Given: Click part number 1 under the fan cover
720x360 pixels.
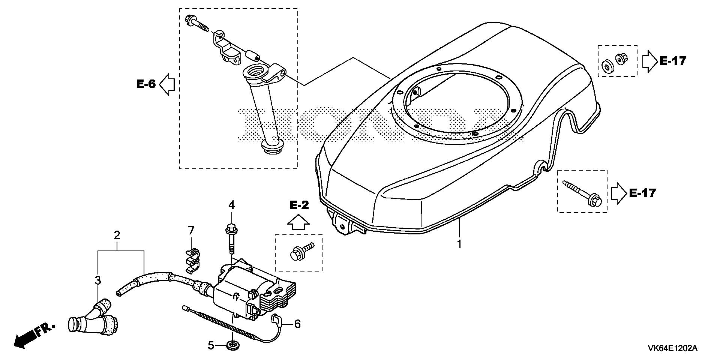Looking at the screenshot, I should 459,244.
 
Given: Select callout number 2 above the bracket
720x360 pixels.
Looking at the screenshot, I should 117,235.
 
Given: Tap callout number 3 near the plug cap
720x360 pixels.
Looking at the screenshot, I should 97,280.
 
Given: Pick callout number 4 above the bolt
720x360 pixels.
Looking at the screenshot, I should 232,205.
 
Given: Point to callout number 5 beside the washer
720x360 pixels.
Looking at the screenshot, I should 211,345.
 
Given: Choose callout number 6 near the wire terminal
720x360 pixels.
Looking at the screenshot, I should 297,324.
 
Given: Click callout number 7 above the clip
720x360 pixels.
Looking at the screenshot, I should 190,230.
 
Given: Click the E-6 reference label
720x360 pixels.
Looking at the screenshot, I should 146,84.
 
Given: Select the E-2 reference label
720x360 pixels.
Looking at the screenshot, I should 298,205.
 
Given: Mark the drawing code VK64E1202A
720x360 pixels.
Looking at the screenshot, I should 672,348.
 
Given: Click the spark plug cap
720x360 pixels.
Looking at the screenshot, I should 92,318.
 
